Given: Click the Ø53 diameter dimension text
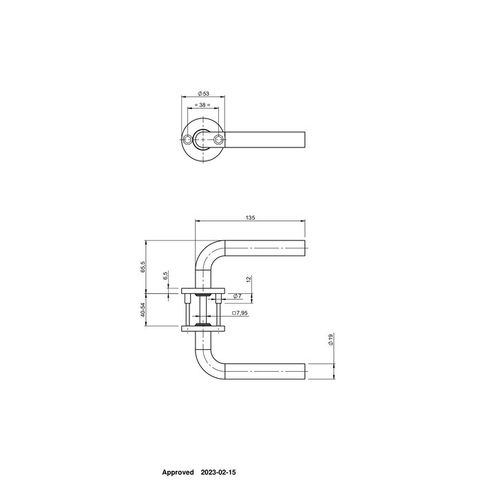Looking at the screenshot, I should click(203, 94).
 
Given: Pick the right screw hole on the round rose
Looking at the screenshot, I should click(219, 140).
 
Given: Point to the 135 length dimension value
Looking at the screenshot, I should click(251, 218).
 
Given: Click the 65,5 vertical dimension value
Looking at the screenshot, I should click(143, 266).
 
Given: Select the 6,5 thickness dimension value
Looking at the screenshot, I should click(165, 276).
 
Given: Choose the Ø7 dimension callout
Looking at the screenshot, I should click(236, 296).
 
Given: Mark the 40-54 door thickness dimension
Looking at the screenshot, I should click(143, 311).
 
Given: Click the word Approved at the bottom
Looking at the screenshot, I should click(178, 473).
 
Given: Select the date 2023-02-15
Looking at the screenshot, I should click(218, 473).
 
